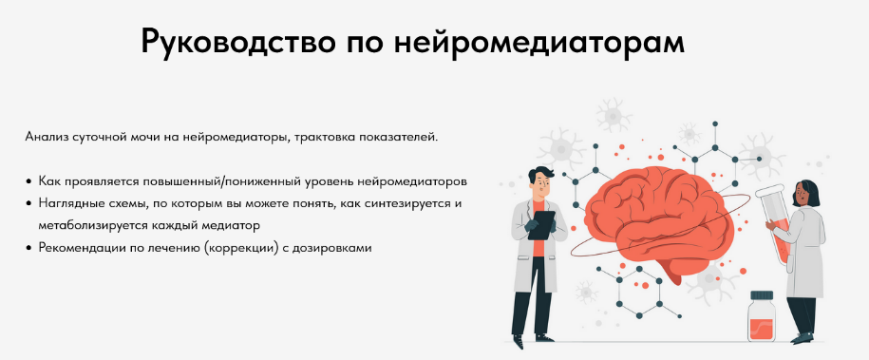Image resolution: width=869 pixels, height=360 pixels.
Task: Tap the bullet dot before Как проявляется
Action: coord(29,180)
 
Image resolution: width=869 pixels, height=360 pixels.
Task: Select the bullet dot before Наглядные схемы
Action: coord(29,203)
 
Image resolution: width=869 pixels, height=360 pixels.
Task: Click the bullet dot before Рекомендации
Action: coord(29,248)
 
